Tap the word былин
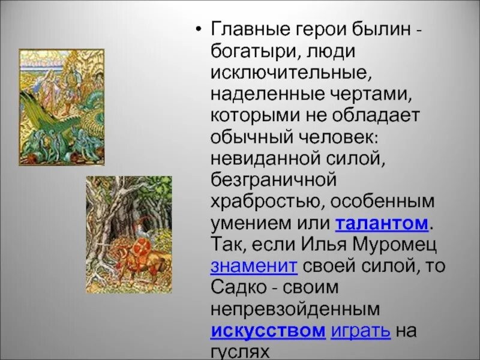point(370,29)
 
